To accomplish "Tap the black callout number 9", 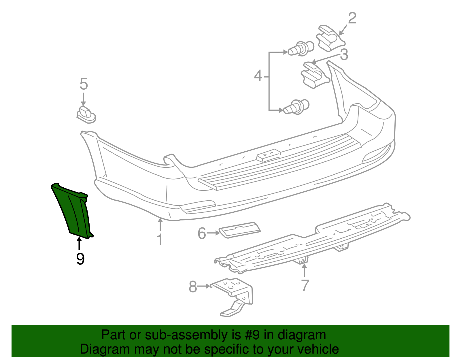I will tap(80, 259).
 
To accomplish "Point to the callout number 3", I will tap(344, 54).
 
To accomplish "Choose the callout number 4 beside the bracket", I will tap(258, 76).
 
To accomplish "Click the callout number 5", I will tap(84, 84).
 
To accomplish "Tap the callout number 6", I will tap(202, 233).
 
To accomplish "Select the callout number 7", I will tap(305, 285).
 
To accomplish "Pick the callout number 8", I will tap(193, 287).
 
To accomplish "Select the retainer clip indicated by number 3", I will tap(314, 75).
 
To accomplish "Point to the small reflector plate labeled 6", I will tap(240, 229).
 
